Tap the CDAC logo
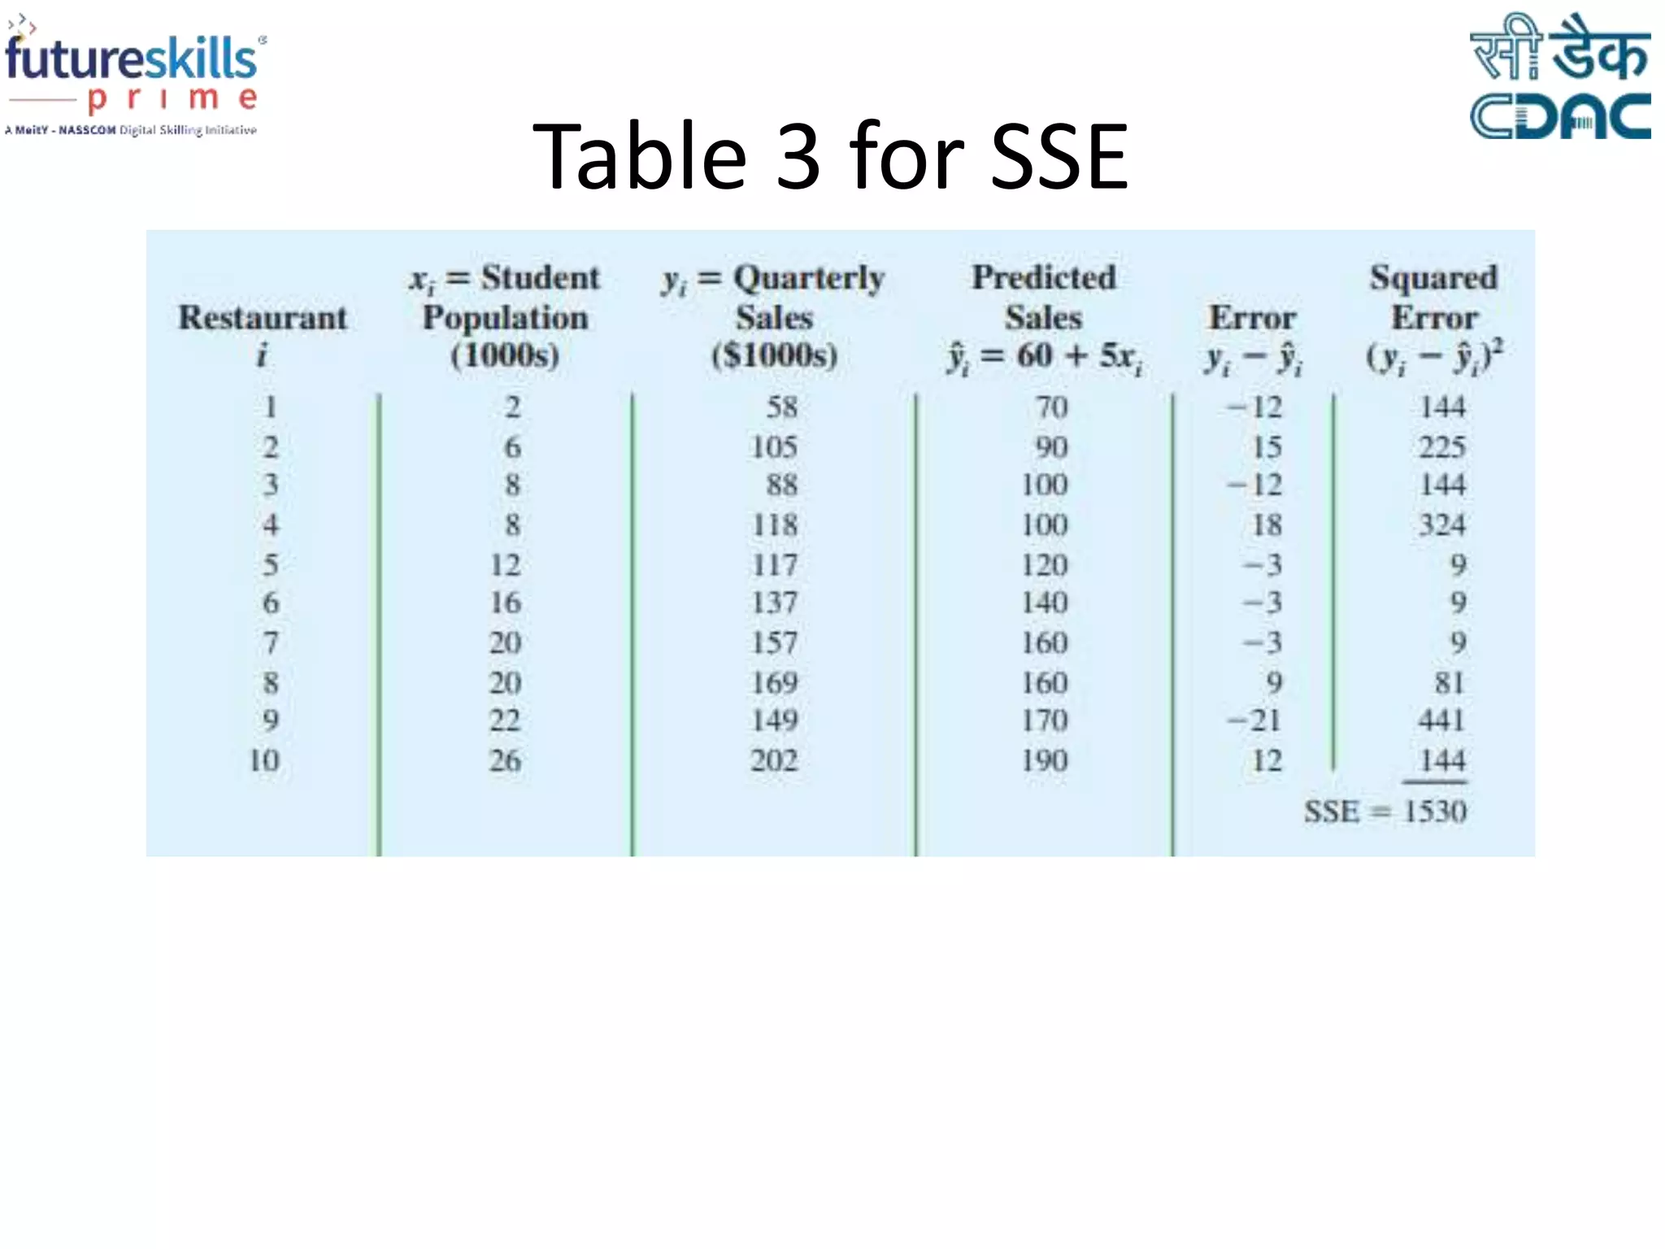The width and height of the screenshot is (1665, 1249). point(1559,77)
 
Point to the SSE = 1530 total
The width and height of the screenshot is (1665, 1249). point(1385,812)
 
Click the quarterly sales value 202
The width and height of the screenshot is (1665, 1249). point(774,761)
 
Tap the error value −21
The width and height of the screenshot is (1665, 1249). point(1254,720)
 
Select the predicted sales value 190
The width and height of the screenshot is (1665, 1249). point(1045,761)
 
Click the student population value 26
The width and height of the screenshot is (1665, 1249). point(505,761)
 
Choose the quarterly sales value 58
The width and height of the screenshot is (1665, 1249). point(781,407)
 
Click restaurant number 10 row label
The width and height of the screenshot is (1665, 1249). point(264,761)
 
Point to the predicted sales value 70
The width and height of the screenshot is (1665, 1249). point(1051,407)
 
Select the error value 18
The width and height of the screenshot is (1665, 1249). point(1267,525)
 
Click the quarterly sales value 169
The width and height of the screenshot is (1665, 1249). point(774,683)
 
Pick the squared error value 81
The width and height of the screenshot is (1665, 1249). point(1449,683)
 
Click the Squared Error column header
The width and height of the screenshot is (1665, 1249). point(1434,317)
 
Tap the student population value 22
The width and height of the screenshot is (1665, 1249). point(505,720)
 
